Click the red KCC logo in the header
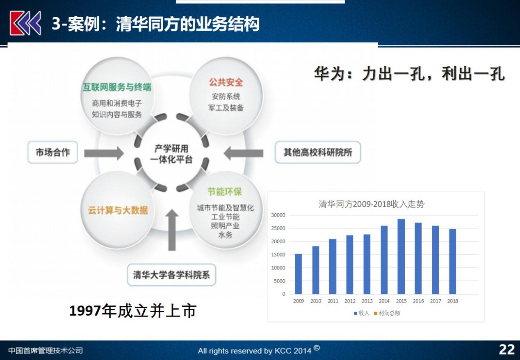(x=25, y=23)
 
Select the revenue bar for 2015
(x=401, y=257)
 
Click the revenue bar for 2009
(x=298, y=274)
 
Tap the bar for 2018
(x=452, y=262)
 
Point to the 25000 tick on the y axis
(x=278, y=228)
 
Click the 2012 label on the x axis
(x=350, y=301)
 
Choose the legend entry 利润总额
(x=387, y=313)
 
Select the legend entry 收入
(x=361, y=313)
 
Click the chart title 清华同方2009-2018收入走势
(x=371, y=204)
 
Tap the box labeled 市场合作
(x=52, y=152)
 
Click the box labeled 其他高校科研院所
(x=317, y=152)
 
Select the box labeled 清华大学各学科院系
(x=171, y=275)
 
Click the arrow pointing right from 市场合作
(x=104, y=153)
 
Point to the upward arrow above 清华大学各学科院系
(x=172, y=230)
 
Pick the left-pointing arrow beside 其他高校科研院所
(x=244, y=153)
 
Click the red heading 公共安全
(x=226, y=82)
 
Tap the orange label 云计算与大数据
(x=118, y=210)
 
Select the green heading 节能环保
(x=224, y=192)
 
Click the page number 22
(x=507, y=349)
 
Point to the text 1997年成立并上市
(x=133, y=311)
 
